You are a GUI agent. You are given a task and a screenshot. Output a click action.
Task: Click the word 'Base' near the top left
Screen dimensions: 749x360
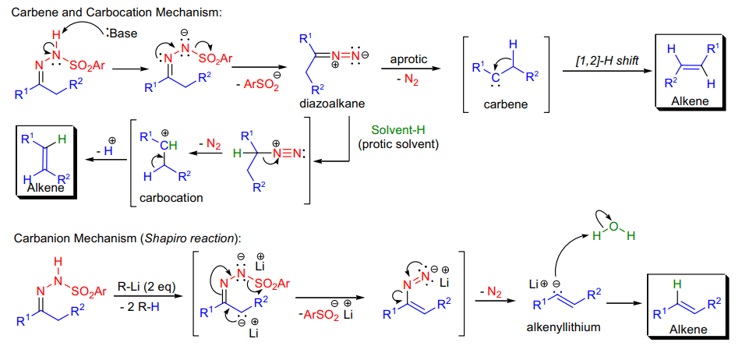tap(124, 33)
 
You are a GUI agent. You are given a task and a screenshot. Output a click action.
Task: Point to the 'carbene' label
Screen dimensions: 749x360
tap(505, 104)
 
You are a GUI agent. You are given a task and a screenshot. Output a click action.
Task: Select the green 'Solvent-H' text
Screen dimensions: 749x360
tap(398, 131)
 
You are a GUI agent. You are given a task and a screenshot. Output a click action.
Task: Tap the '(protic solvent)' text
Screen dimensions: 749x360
tap(398, 143)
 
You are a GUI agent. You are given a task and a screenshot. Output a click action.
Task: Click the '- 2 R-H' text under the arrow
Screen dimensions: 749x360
tap(141, 305)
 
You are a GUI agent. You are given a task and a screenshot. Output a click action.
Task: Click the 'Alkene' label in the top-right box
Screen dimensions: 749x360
tap(687, 101)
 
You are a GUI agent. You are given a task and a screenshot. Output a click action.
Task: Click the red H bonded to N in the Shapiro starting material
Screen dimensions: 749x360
tap(58, 262)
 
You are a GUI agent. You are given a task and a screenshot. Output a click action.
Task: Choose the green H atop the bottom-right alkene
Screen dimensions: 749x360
tap(676, 284)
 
